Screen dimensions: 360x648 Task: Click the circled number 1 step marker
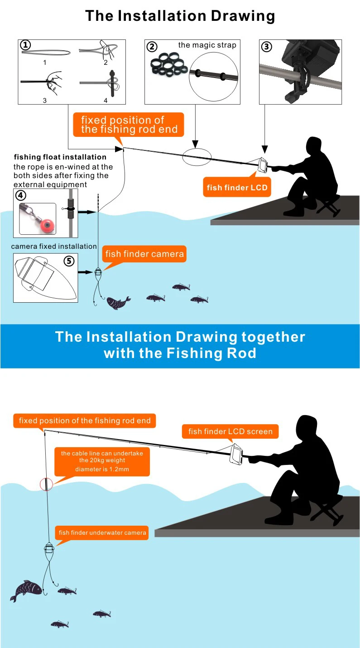point(26,45)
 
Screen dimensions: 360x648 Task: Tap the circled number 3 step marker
point(266,46)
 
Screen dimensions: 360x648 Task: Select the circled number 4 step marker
point(20,195)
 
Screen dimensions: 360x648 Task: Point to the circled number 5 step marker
point(69,261)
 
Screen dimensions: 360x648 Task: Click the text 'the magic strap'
point(207,45)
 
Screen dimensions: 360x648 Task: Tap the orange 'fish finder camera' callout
point(144,254)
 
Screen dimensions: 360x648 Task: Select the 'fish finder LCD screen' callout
point(230,431)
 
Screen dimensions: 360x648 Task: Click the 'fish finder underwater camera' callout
point(103,532)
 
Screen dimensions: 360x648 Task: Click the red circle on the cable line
point(46,484)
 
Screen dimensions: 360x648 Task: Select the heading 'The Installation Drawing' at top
point(180,16)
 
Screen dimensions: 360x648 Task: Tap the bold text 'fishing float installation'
point(60,157)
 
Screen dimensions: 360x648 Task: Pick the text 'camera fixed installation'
point(54,246)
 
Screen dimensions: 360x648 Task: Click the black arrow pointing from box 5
point(85,272)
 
